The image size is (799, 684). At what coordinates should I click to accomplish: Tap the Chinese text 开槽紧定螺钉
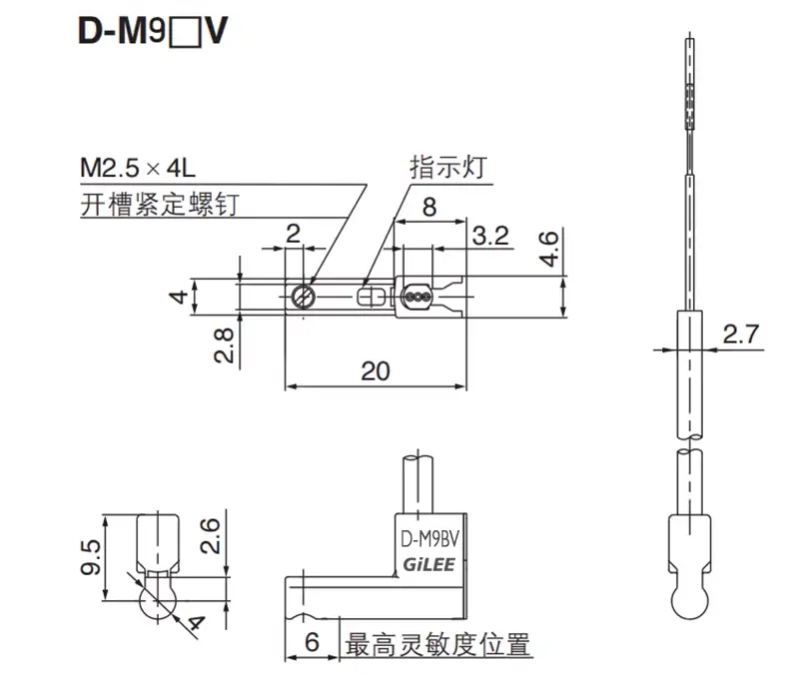pyautogui.click(x=160, y=205)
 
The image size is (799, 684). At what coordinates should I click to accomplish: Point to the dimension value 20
pyautogui.click(x=375, y=371)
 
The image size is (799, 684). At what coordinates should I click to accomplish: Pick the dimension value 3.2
pyautogui.click(x=490, y=237)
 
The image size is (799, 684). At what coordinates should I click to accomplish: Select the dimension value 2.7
pyautogui.click(x=740, y=334)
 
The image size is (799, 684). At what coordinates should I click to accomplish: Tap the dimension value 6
pyautogui.click(x=312, y=644)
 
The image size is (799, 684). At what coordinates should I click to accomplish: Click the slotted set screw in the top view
pyautogui.click(x=304, y=296)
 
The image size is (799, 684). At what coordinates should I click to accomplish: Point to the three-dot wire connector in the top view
pyautogui.click(x=418, y=296)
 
